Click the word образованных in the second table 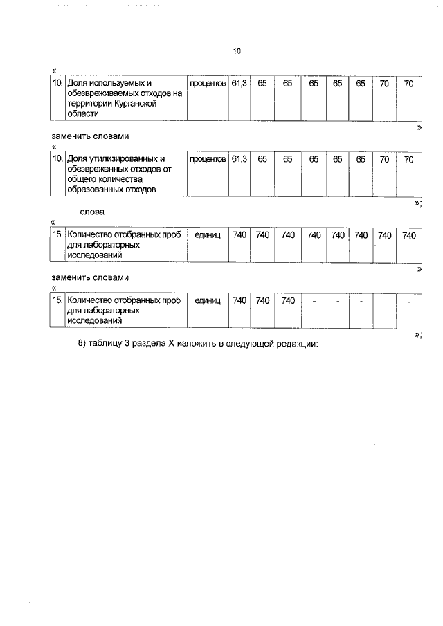pos(95,190)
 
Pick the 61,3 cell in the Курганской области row pos(239,83)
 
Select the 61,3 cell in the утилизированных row pos(239,159)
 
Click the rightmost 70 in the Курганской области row pos(408,83)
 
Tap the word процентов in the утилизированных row pos(208,159)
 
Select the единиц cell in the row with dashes pos(208,301)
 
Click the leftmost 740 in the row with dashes pos(239,301)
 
